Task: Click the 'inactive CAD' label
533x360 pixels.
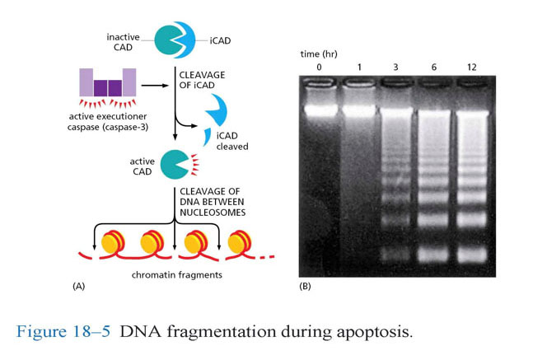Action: coord(124,40)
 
